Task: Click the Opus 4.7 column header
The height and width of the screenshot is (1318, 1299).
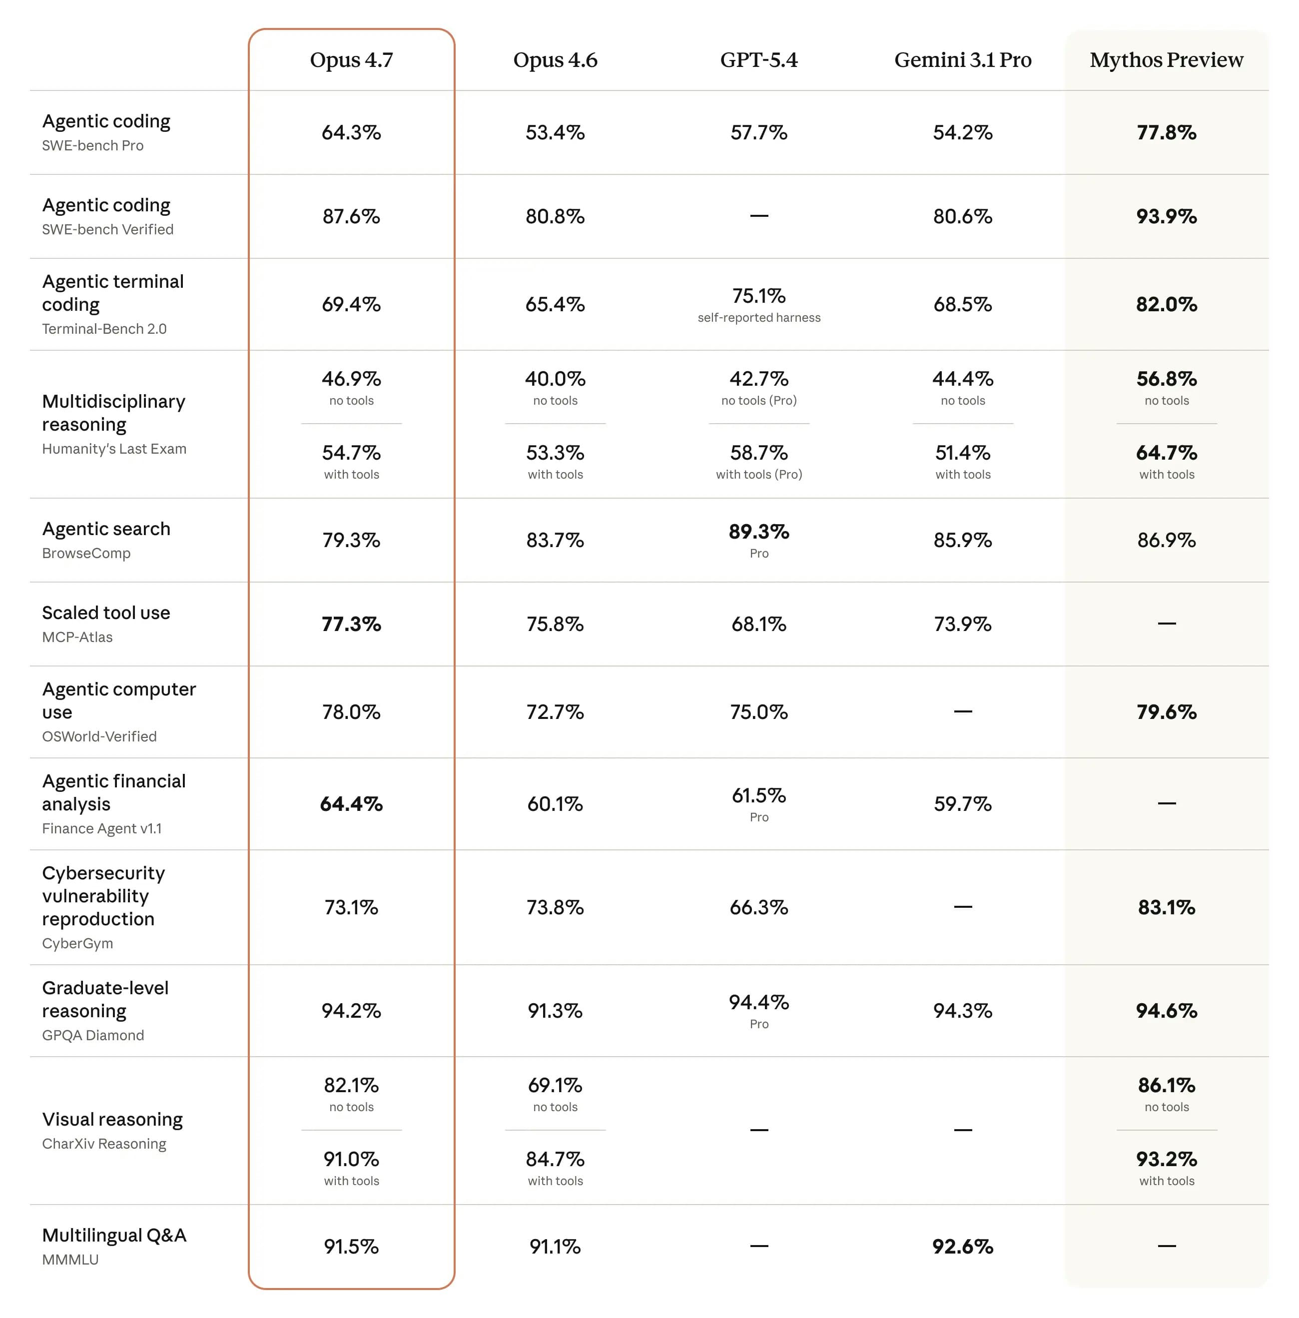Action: tap(351, 60)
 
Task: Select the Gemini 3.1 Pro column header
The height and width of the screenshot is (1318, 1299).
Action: tap(963, 60)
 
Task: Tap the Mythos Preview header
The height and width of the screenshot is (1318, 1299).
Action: tap(1167, 60)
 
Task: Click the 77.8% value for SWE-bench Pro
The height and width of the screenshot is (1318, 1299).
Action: tap(1167, 132)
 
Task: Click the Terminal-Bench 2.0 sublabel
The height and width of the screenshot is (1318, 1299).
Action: tap(104, 329)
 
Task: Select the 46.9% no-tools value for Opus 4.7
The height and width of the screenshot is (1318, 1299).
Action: tap(351, 379)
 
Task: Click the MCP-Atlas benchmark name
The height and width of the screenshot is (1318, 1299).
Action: tap(77, 637)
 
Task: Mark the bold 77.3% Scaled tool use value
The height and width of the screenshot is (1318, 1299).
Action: tap(351, 624)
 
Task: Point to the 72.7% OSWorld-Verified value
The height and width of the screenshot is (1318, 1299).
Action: tap(556, 712)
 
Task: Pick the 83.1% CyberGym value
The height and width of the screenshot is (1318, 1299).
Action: tap(1167, 907)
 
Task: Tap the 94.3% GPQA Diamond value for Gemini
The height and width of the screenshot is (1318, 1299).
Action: tap(963, 1011)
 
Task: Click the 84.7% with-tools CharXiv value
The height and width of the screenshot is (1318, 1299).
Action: tap(556, 1159)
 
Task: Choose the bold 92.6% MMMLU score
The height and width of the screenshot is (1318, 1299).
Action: tap(963, 1247)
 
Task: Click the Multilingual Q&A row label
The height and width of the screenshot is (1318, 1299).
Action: tap(114, 1236)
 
